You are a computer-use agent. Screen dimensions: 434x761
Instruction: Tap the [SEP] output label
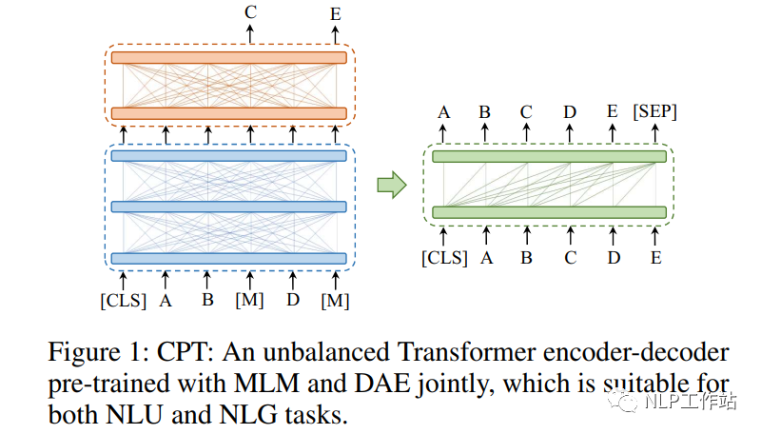(654, 112)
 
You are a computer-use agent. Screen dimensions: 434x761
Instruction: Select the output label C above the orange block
(250, 12)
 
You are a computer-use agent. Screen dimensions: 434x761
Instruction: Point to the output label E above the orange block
(335, 12)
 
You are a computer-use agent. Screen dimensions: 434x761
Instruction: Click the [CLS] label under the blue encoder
(123, 302)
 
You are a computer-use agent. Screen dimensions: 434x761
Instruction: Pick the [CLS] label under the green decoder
(444, 257)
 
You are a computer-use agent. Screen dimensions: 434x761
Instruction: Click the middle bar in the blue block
(228, 207)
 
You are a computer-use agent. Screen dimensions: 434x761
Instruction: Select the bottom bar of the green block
(549, 211)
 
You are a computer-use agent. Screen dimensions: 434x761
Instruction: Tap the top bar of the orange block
(228, 57)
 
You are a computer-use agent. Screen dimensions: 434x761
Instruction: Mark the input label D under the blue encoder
(293, 302)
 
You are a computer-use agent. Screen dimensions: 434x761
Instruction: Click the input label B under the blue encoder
(207, 302)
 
